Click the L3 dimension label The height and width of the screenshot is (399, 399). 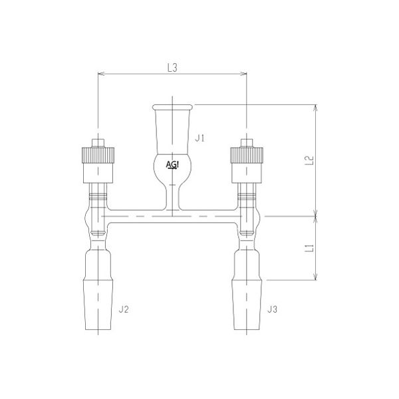tap(172, 67)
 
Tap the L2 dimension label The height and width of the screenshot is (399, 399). tap(308, 161)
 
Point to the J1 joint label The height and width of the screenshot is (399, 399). tap(200, 138)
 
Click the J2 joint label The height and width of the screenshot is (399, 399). tap(123, 309)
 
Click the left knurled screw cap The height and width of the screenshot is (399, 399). tap(97, 155)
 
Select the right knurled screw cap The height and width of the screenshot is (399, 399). tap(247, 155)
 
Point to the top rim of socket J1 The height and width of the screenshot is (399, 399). tap(172, 106)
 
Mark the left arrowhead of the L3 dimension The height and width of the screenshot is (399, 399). tap(100, 74)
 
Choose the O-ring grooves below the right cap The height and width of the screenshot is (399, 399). tap(247, 197)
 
